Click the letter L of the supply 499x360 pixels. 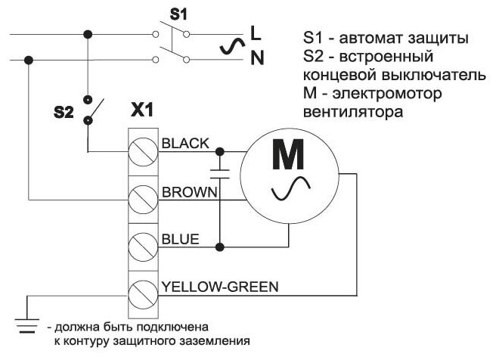pos(256,33)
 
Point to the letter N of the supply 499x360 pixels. pos(256,57)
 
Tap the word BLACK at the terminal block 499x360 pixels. pos(185,143)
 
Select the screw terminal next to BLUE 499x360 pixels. pos(142,247)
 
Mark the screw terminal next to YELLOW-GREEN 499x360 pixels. pos(142,293)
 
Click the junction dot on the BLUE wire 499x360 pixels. pos(220,247)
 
